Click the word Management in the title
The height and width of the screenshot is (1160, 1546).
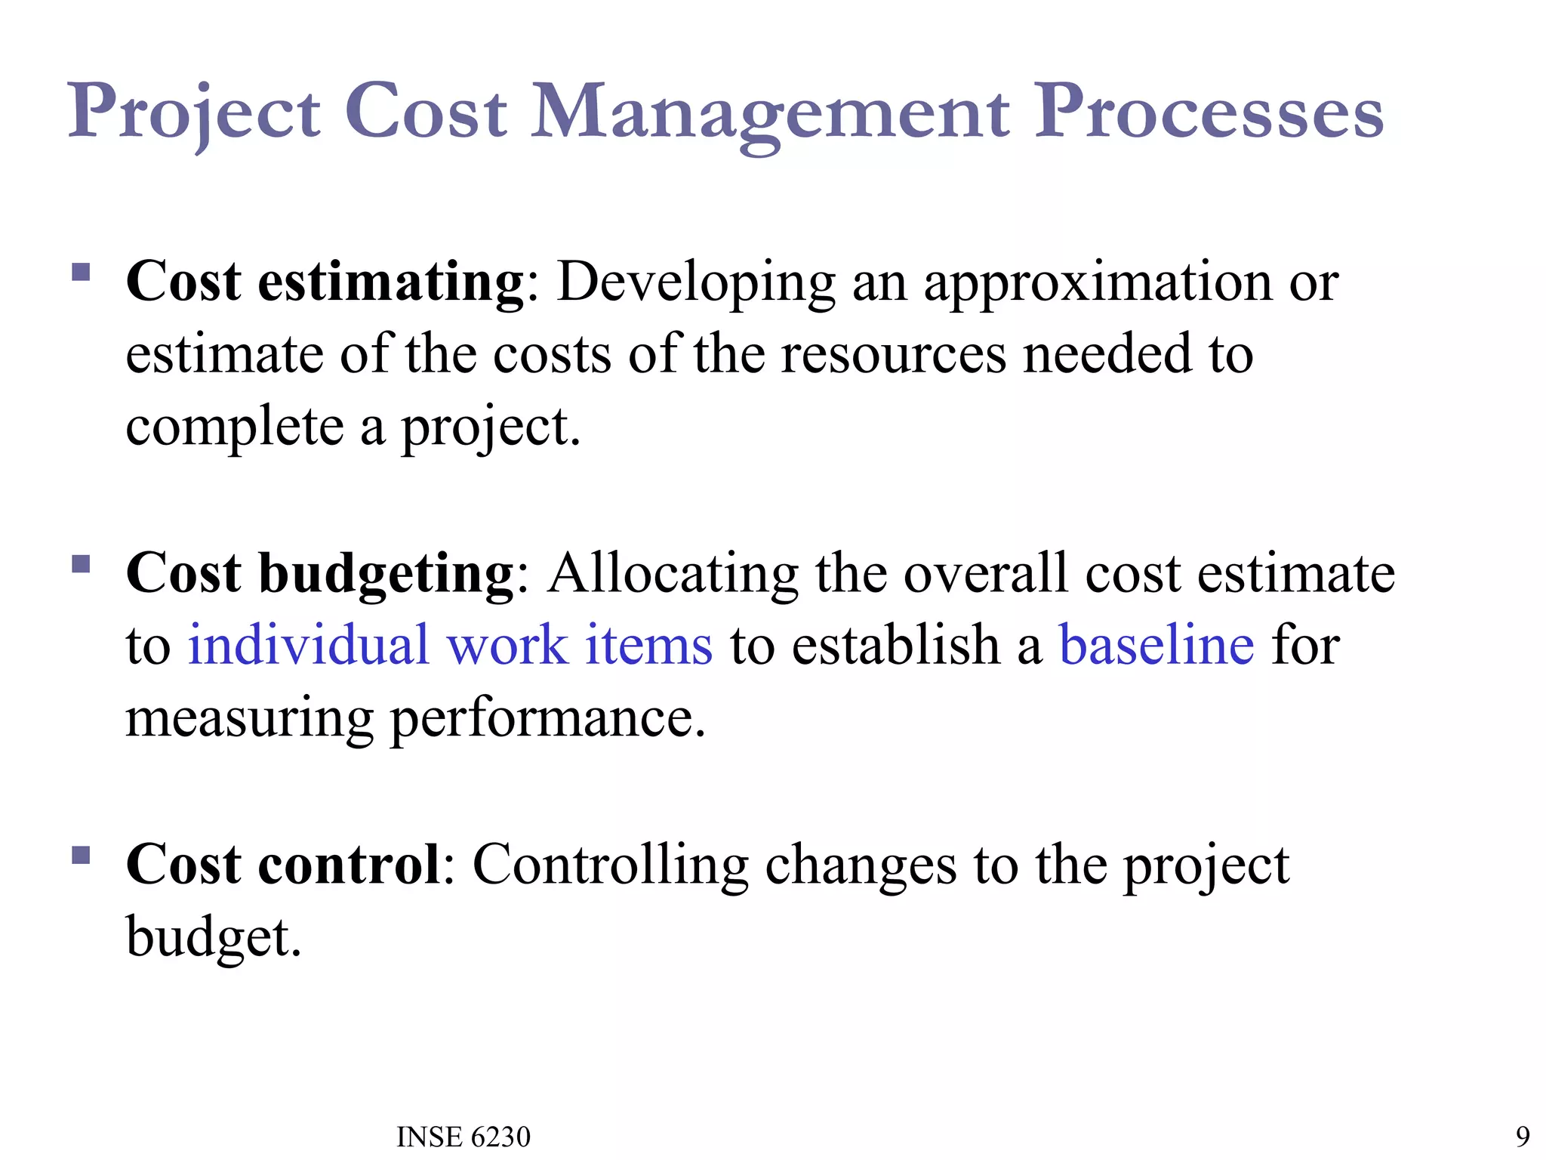770,113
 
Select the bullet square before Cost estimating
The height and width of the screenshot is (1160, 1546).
81,272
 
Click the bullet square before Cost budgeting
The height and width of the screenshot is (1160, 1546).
81,563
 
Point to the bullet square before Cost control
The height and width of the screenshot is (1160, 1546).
81,855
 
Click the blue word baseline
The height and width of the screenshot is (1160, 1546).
1156,646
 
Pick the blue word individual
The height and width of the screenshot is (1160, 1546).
308,646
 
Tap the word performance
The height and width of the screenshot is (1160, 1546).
547,718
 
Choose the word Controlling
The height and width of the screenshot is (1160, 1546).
610,865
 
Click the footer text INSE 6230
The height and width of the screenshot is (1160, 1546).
463,1137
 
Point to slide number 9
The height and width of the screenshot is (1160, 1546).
1523,1137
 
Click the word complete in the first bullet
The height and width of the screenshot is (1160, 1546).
234,427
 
